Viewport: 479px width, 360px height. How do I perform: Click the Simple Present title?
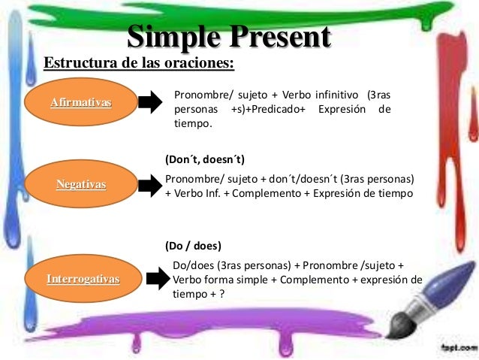pos(229,37)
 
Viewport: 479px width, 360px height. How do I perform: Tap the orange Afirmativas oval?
pos(80,102)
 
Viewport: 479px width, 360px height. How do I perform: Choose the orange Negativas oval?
pos(81,184)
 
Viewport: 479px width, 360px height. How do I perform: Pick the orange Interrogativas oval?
pos(83,279)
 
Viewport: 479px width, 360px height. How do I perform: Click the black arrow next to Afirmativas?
pos(149,101)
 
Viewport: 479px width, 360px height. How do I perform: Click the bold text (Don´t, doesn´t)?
pos(204,160)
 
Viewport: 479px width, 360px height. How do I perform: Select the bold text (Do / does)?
pos(192,246)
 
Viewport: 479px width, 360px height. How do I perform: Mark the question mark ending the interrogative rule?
pos(221,294)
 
